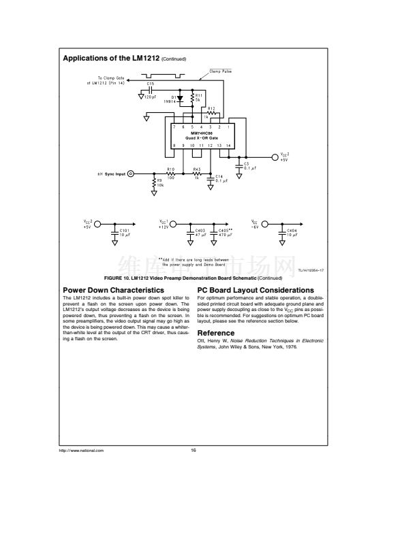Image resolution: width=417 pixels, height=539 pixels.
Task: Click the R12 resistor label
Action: click(x=211, y=108)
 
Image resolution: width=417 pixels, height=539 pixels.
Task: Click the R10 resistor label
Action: click(x=170, y=169)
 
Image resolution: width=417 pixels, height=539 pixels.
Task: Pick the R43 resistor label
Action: click(x=197, y=169)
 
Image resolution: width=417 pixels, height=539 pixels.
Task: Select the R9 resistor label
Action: click(x=159, y=180)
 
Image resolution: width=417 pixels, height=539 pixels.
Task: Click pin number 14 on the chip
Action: click(x=228, y=146)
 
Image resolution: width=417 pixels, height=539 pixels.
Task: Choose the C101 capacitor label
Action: click(x=124, y=231)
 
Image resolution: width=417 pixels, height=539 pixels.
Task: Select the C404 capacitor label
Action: click(x=292, y=231)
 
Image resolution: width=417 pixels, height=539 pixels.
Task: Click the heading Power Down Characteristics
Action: click(x=113, y=291)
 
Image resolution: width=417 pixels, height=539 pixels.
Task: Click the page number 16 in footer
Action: click(x=194, y=451)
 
